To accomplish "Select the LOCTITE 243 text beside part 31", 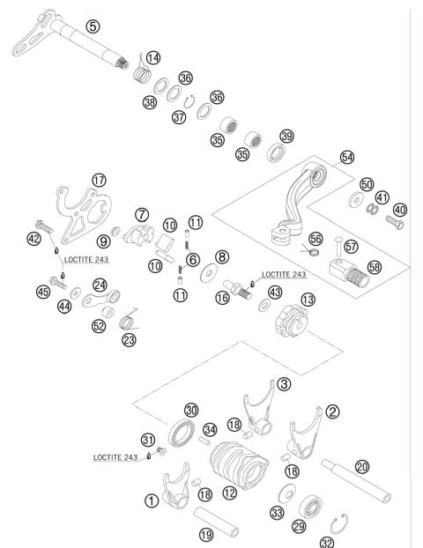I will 117,457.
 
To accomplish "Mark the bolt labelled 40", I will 394,218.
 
